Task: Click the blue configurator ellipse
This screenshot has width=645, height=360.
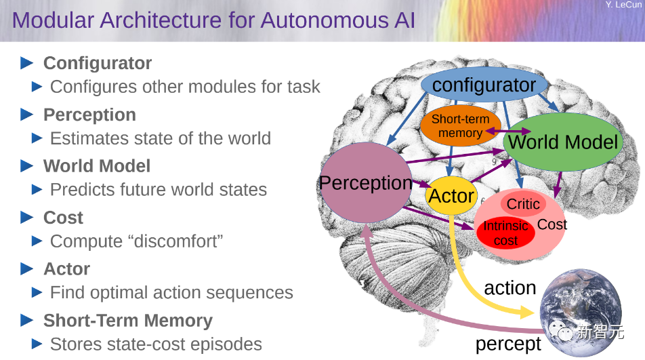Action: click(x=484, y=85)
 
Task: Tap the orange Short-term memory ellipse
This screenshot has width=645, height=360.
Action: click(x=460, y=126)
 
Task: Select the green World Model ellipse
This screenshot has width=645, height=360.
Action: click(x=563, y=142)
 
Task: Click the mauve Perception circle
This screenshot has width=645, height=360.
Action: click(x=366, y=183)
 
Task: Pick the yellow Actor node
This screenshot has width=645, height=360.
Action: click(x=451, y=196)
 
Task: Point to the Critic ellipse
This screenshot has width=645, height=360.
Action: click(x=523, y=203)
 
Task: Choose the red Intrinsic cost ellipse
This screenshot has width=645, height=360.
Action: click(x=505, y=233)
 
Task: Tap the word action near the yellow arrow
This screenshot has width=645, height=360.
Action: click(x=509, y=287)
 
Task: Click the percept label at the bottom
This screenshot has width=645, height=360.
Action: click(x=508, y=344)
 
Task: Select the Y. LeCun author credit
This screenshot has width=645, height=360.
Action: click(x=623, y=5)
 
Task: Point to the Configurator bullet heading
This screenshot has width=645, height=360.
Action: click(x=98, y=63)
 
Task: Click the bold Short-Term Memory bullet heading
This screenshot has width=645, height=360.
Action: click(x=128, y=320)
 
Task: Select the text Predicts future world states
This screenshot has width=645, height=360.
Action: click(x=159, y=190)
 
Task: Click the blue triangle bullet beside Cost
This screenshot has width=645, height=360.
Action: click(x=27, y=218)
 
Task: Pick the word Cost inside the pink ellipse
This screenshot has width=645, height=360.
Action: click(x=552, y=224)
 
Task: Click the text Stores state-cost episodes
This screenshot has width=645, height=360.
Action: click(x=156, y=344)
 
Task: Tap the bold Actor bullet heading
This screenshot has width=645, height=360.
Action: click(x=66, y=269)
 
